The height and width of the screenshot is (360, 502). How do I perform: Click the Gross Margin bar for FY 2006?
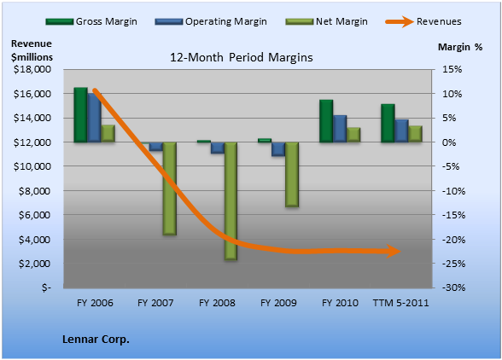80,114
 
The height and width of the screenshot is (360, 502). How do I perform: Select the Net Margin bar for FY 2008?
231,201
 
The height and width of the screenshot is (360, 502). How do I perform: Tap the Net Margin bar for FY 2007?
170,189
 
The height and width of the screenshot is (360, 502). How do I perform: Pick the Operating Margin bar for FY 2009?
278,149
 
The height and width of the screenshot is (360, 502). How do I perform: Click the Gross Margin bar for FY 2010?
326,121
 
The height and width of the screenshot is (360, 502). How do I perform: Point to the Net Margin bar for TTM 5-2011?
415,134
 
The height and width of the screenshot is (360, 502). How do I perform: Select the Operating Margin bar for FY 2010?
340,129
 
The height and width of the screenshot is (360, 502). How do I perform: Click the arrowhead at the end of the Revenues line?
394,252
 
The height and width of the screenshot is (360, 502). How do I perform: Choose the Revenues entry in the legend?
423,22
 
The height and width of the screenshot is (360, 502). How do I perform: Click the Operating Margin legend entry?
211,21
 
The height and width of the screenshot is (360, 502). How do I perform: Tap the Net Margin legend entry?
326,21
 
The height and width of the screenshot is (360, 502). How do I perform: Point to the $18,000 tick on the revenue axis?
32,69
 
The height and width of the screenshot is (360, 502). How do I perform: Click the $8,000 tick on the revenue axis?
34,191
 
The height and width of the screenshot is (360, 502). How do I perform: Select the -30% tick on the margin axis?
454,287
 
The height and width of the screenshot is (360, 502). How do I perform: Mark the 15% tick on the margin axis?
452,69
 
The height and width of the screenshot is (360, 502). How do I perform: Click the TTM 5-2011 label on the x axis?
400,303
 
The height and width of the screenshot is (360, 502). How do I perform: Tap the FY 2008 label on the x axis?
217,303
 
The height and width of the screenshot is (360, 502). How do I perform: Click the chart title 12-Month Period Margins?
241,58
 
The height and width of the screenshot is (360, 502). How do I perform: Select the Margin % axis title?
460,47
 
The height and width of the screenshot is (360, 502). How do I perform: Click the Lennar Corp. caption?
96,340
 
